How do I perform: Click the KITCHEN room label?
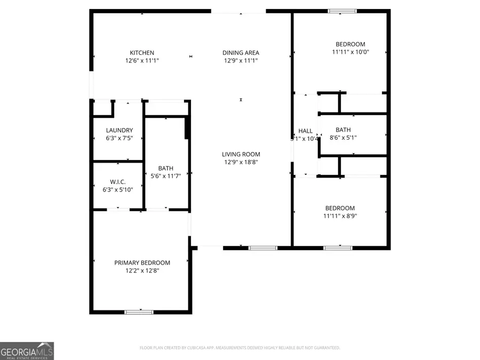pyautogui.click(x=142, y=53)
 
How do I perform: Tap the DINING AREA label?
pyautogui.click(x=241, y=53)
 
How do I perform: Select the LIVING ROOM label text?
pyautogui.click(x=241, y=154)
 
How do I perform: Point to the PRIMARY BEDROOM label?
pyautogui.click(x=142, y=262)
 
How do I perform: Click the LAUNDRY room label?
pyautogui.click(x=119, y=130)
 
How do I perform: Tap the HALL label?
pyautogui.click(x=306, y=131)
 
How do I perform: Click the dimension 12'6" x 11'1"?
pyautogui.click(x=142, y=61)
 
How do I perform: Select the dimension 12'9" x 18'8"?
pyautogui.click(x=241, y=162)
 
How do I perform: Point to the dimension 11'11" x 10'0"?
pyautogui.click(x=350, y=52)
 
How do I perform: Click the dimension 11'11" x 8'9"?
pyautogui.click(x=340, y=216)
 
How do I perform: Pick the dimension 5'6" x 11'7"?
pyautogui.click(x=165, y=176)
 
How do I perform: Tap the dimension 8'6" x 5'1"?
pyautogui.click(x=343, y=138)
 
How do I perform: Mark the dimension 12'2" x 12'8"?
pyautogui.click(x=142, y=270)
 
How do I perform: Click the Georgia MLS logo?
pyautogui.click(x=27, y=351)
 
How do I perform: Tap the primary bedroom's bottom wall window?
pyautogui.click(x=139, y=311)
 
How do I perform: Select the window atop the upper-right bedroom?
pyautogui.click(x=342, y=11)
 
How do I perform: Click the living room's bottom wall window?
pyautogui.click(x=263, y=247)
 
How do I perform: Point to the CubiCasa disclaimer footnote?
pyautogui.click(x=239, y=348)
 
